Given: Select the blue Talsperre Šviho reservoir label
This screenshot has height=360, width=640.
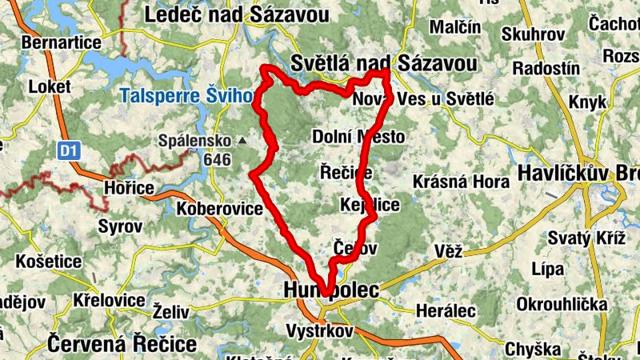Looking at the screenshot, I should [186, 96].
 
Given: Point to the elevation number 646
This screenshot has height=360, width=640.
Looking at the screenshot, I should [217, 159].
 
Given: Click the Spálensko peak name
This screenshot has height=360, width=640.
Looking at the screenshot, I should [196, 141].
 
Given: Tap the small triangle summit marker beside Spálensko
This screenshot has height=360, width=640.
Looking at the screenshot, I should [242, 142].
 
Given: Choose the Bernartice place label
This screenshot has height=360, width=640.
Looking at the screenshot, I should [62, 42].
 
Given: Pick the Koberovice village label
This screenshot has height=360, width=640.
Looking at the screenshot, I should [220, 208].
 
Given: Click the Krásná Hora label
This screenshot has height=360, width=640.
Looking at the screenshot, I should [461, 182].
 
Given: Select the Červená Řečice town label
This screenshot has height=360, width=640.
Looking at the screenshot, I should [122, 344].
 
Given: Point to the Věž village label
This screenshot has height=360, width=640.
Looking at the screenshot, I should [450, 251].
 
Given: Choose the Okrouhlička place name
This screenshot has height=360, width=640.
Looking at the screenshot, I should [563, 306].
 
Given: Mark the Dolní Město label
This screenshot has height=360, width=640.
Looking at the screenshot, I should [358, 137].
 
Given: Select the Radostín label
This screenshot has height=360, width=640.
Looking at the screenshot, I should [546, 68].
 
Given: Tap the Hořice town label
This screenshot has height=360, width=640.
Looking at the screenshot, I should [129, 187].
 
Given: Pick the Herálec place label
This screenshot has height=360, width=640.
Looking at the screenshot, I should [446, 310].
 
